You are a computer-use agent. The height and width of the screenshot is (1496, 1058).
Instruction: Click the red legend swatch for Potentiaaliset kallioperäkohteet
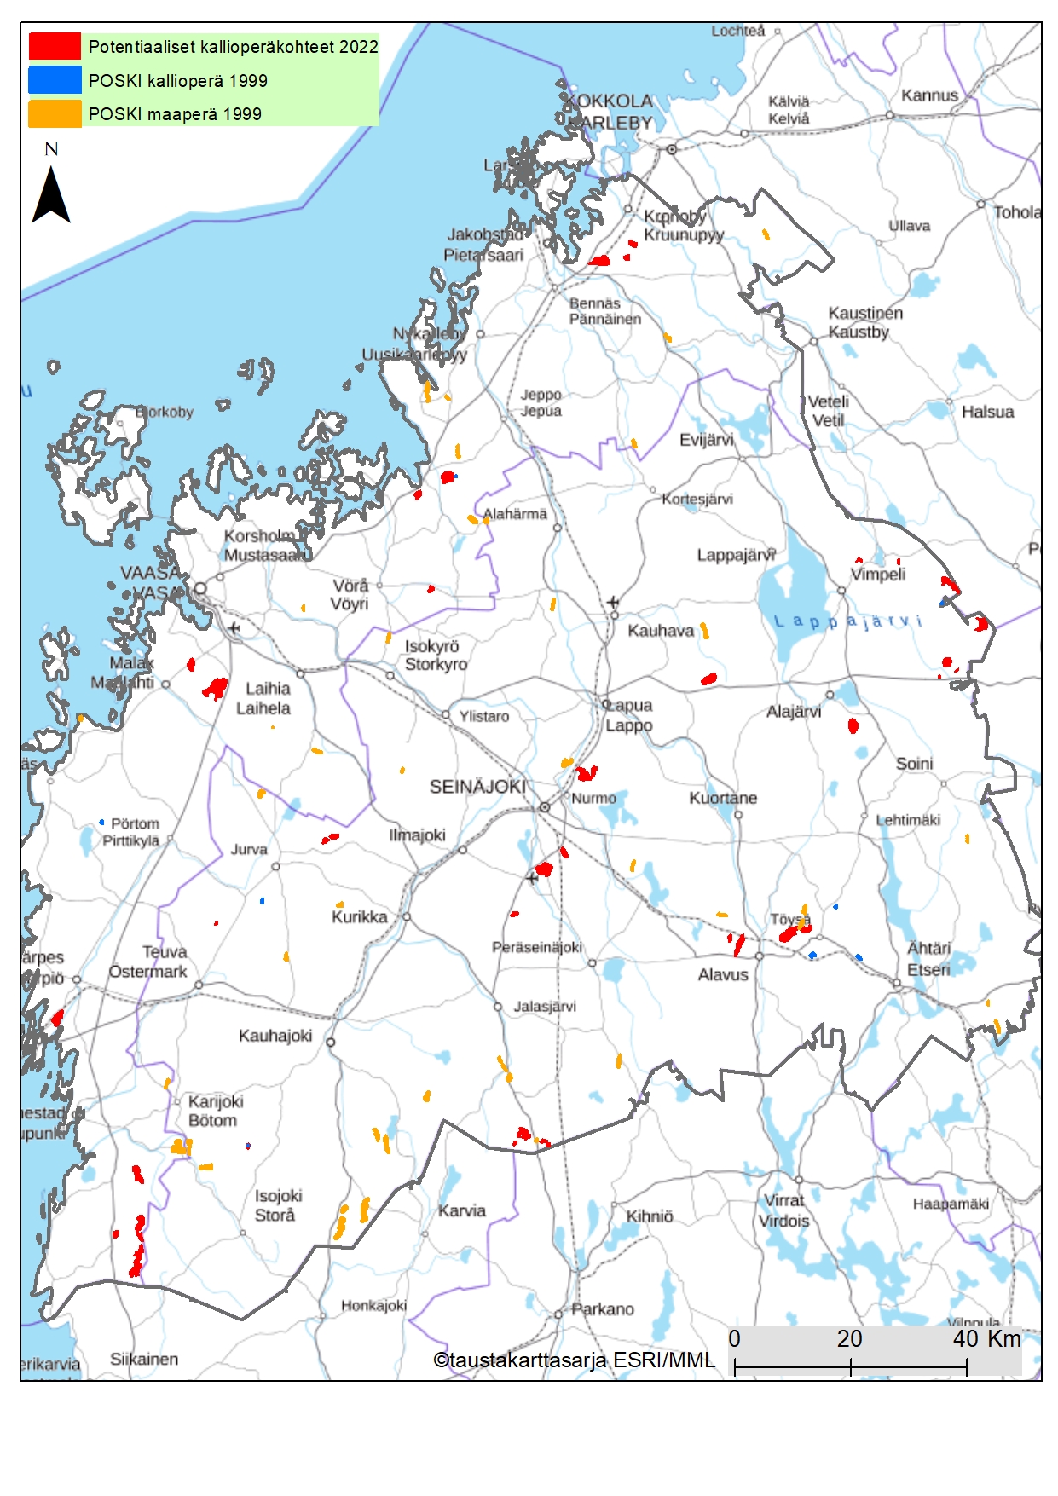coord(55,46)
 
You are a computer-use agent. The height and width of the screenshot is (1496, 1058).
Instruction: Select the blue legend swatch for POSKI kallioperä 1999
coord(55,80)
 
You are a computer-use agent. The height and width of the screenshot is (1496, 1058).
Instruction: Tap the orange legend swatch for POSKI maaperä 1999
coord(55,113)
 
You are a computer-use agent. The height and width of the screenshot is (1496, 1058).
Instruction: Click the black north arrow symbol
coord(50,195)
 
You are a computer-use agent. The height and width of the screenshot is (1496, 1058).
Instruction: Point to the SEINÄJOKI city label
coord(477,787)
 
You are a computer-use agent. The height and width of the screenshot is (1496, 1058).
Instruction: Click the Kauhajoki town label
coord(275,1036)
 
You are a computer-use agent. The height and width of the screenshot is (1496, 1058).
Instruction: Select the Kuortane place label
coord(723,798)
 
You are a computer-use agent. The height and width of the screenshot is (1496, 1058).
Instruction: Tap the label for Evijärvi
coord(706,440)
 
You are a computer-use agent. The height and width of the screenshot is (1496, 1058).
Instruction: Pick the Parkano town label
coord(602,1308)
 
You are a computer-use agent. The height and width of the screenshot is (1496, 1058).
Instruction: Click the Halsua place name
coord(987,412)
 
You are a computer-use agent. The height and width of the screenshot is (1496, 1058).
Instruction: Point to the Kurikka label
coord(359,917)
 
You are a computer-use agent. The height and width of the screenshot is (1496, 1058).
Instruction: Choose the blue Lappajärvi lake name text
coord(848,621)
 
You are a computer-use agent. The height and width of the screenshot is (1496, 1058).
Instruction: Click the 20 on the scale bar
coord(849,1339)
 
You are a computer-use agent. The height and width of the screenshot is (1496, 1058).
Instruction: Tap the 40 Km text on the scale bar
coord(986,1339)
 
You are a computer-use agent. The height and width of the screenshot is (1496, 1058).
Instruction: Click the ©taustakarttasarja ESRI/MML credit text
coord(574,1360)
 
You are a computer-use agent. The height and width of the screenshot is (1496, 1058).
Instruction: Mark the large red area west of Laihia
coord(215,687)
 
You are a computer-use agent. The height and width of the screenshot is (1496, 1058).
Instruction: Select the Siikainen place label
coord(144,1359)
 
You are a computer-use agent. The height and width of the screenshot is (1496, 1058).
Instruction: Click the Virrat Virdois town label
coord(783,1210)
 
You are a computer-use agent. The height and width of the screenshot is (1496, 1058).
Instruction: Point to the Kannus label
coord(929,95)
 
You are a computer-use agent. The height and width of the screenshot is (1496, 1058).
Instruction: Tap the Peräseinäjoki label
coord(536,947)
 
